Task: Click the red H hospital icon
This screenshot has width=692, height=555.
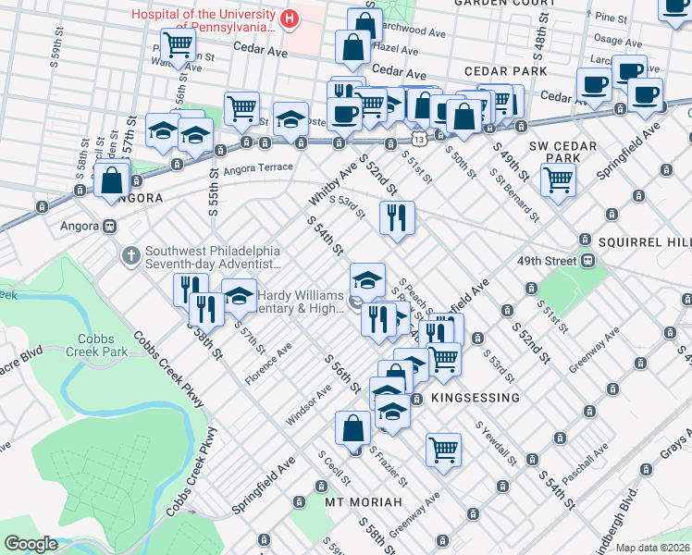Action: click(x=290, y=18)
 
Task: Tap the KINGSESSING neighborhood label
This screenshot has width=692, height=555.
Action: click(x=475, y=397)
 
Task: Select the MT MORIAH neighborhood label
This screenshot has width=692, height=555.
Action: click(x=364, y=502)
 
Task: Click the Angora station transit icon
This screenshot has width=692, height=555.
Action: click(x=110, y=227)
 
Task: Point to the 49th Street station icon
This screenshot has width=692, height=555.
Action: click(x=587, y=261)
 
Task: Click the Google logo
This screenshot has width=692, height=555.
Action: click(x=30, y=544)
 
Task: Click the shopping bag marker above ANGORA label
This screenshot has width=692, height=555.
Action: click(x=112, y=179)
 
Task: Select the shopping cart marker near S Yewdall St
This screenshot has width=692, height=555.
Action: click(x=444, y=449)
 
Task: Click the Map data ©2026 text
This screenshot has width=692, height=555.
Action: click(x=651, y=548)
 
